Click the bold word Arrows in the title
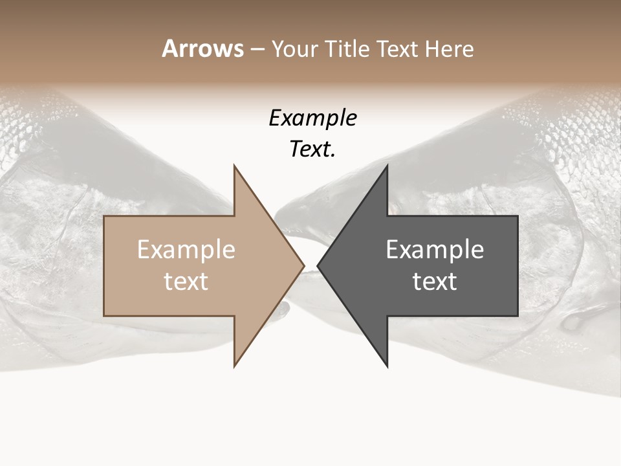202,49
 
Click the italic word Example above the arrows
312,118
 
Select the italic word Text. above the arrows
312,150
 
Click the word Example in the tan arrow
186,250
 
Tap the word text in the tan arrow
186,282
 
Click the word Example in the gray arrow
435,250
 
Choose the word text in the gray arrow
435,282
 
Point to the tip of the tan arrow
304,265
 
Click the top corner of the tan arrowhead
234,166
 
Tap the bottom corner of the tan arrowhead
234,366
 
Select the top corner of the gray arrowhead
387,166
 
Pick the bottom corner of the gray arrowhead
387,366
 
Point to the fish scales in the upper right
576,116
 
